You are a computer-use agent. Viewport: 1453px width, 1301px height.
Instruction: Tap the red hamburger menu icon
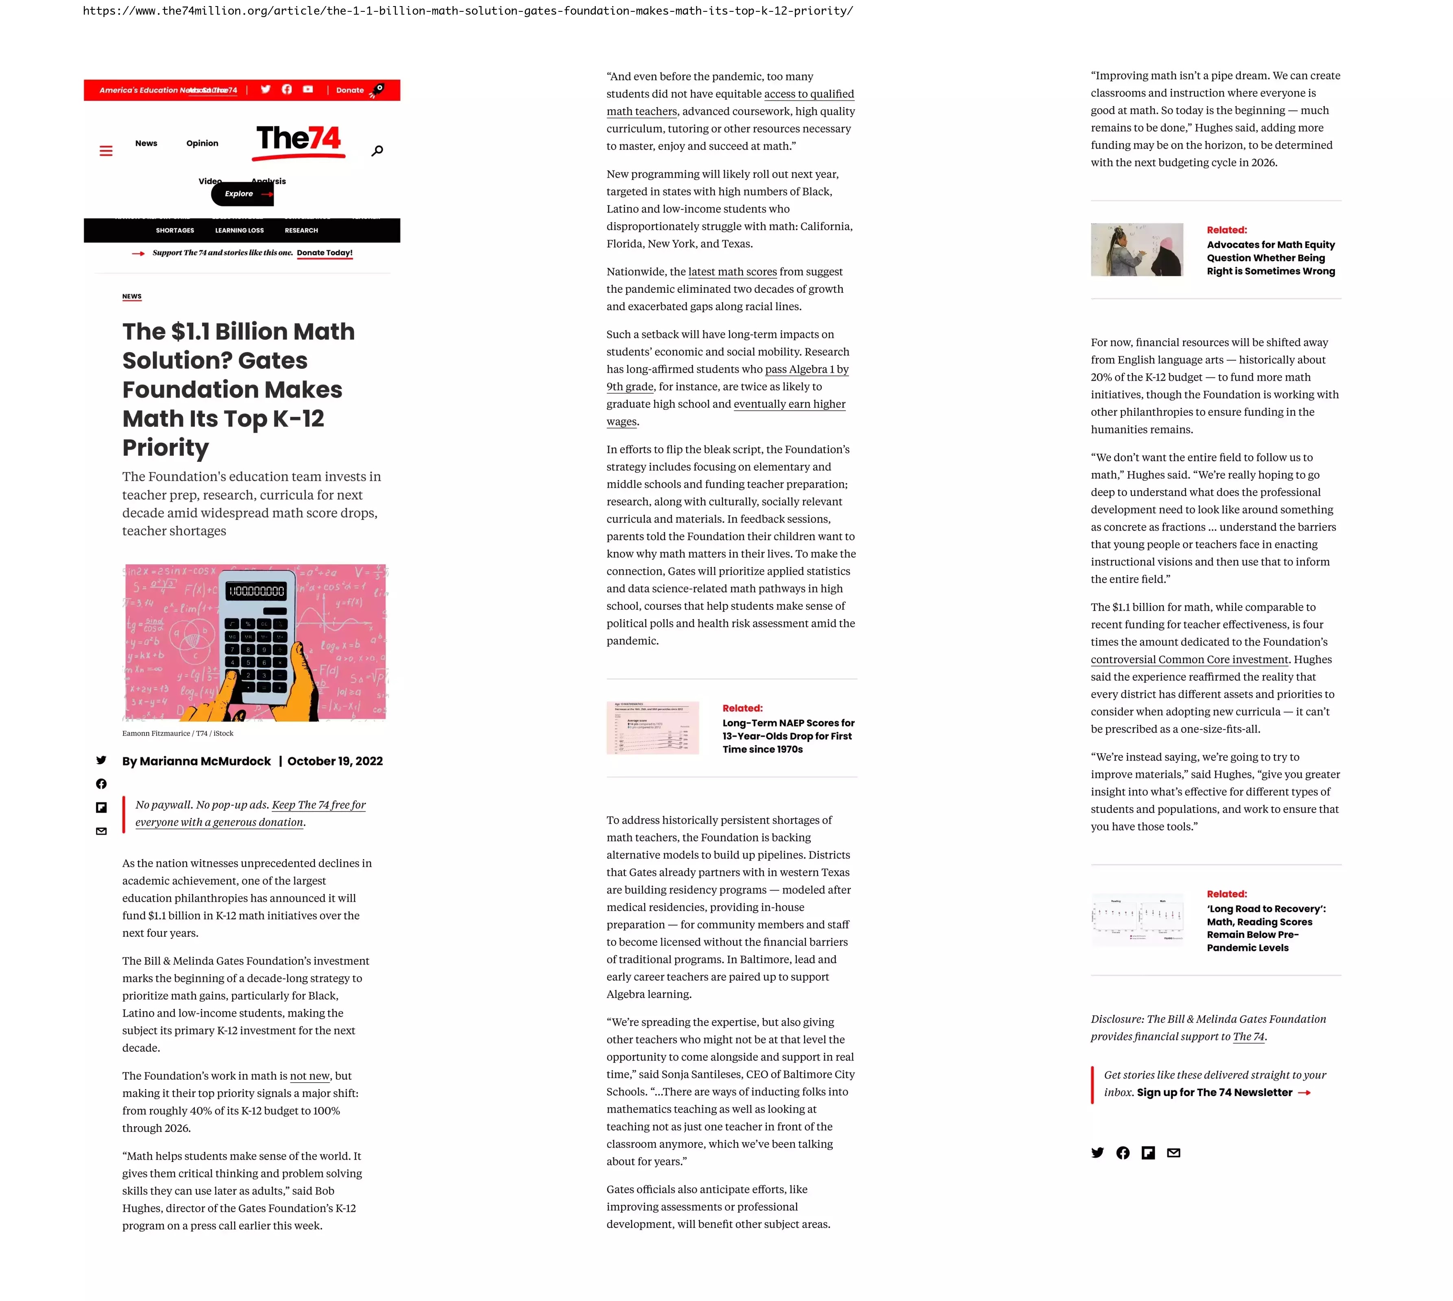click(106, 151)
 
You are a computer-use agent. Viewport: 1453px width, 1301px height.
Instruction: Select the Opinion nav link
click(202, 143)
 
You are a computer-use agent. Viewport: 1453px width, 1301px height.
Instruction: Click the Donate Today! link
click(325, 253)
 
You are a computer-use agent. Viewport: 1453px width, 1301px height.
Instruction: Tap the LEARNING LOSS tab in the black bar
click(240, 230)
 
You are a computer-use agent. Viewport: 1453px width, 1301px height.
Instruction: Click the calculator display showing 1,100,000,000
click(256, 591)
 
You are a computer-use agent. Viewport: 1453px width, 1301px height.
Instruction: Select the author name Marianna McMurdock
click(205, 761)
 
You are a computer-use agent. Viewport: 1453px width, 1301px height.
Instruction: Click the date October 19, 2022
click(335, 761)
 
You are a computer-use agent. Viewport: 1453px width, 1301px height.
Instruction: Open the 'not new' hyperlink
click(310, 1076)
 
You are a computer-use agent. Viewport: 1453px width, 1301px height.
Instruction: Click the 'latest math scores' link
click(732, 272)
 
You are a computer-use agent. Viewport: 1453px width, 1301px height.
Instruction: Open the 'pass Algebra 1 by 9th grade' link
click(807, 370)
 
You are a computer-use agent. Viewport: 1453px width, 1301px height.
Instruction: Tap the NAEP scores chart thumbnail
click(652, 728)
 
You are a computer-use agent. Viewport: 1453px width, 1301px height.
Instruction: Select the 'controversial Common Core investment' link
click(1189, 660)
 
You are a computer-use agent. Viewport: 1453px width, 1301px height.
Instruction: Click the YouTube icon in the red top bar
click(308, 89)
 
